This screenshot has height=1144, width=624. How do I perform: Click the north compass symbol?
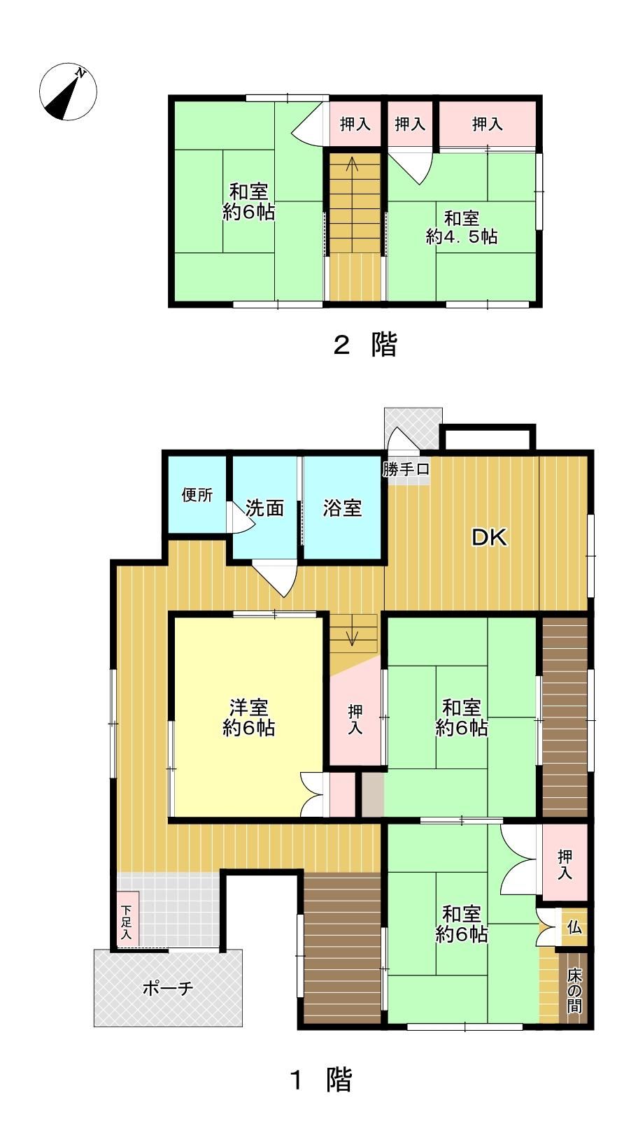[68, 92]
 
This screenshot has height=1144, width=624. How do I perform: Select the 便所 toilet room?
[197, 495]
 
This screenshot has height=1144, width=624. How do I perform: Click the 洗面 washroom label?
[264, 508]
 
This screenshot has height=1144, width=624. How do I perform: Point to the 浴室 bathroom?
[342, 508]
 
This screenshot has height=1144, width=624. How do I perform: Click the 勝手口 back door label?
[406, 469]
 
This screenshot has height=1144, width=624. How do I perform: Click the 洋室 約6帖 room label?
[249, 717]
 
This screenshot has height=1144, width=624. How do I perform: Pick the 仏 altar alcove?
[574, 927]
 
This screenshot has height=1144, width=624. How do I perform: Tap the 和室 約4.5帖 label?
[462, 227]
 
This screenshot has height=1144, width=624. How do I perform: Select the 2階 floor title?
[365, 344]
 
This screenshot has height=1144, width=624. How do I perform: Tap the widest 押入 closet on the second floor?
[488, 124]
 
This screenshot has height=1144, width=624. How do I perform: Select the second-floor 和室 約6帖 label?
[249, 202]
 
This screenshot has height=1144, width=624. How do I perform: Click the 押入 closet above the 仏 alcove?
[565, 864]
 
